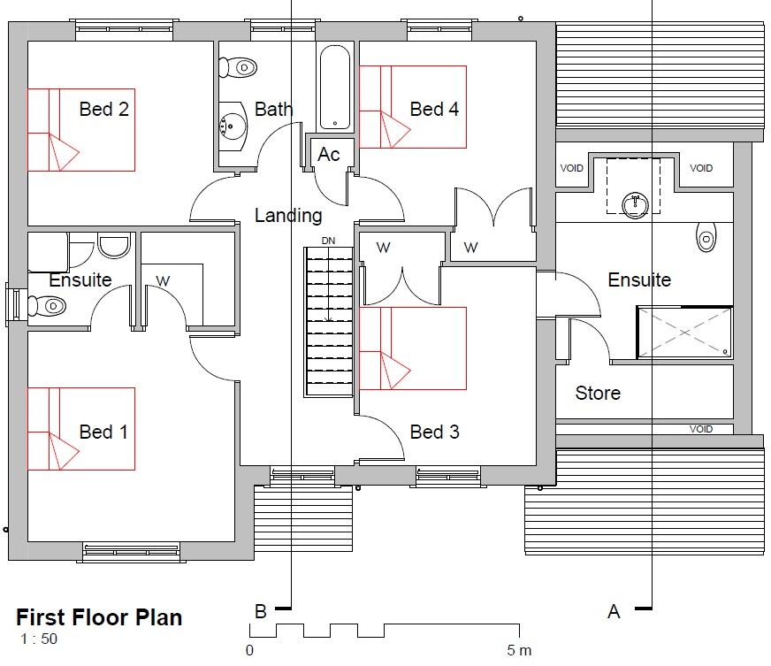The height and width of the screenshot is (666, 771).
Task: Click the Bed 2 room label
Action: (103, 110)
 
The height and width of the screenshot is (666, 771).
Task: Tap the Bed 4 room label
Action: (434, 110)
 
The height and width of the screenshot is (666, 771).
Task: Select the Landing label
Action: (288, 215)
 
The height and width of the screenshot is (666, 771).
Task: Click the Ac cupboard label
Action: (329, 155)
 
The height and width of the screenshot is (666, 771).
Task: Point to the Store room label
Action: (598, 393)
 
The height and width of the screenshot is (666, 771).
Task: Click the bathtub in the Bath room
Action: (336, 87)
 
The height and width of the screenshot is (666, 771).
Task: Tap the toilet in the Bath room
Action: (238, 65)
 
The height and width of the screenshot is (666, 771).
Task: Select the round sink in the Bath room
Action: (233, 125)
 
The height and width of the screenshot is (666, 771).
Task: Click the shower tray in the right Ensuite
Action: (684, 333)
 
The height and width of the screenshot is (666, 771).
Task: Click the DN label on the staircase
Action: (328, 241)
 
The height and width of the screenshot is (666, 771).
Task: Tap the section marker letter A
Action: (614, 611)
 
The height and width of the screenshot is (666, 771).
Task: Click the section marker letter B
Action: (261, 611)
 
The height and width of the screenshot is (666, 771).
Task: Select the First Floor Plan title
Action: (99, 616)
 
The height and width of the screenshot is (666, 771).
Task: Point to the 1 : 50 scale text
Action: (39, 639)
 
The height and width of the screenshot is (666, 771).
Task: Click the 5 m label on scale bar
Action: (519, 651)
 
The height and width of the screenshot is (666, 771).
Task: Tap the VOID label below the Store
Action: (701, 429)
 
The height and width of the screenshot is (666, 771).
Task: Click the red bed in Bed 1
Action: (80, 428)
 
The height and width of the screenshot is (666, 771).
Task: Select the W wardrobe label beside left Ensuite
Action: (163, 281)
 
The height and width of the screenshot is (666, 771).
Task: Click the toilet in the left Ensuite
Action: (47, 306)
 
